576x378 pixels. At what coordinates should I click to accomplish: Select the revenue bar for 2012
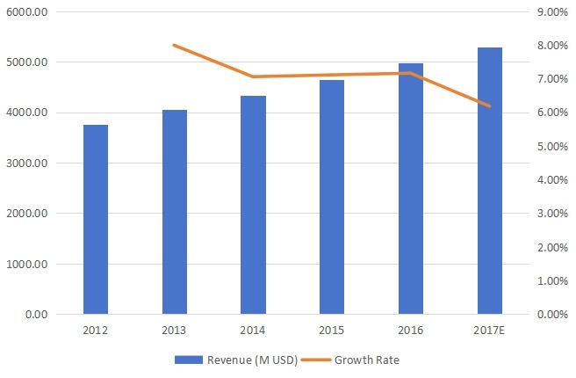pos(96,220)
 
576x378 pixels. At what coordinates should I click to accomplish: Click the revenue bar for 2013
pos(175,212)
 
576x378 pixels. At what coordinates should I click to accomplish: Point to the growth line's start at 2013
pos(174,45)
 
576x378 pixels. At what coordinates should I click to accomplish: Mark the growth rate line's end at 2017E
pos(490,106)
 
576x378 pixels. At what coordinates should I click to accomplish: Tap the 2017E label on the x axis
pos(490,331)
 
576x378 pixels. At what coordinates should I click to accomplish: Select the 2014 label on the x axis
pos(253,331)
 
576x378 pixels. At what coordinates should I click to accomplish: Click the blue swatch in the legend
pos(188,360)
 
